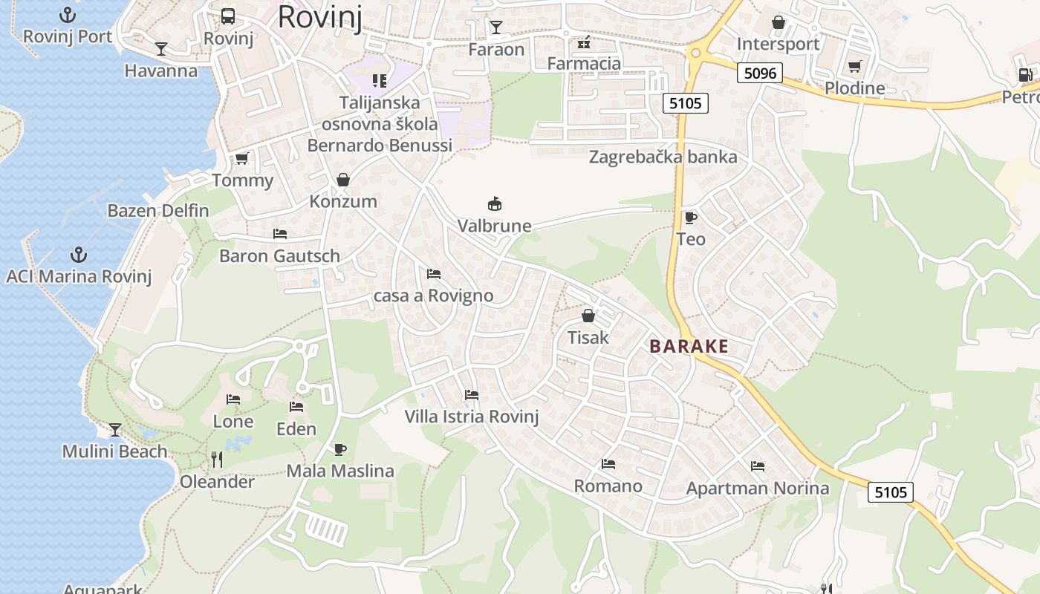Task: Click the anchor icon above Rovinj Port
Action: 68,15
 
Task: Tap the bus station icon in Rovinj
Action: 228,16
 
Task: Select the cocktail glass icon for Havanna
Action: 161,49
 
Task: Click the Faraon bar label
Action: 496,50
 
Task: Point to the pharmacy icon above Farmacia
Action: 584,42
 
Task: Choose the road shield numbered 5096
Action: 760,73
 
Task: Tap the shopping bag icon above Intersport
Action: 779,22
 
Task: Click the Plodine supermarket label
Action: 855,88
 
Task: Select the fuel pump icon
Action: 1025,74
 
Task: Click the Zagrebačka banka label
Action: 663,157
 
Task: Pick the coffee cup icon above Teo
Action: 690,218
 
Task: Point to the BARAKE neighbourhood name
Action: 689,346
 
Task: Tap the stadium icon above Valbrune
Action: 494,203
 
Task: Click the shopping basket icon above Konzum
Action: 343,180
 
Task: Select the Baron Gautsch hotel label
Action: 279,256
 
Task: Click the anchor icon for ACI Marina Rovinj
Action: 78,255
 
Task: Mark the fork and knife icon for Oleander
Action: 217,460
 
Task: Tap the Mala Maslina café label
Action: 340,471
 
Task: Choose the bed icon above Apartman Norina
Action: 758,466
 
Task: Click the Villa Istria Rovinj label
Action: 471,417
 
